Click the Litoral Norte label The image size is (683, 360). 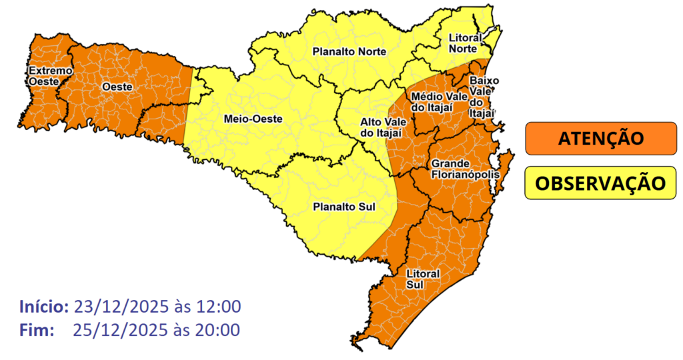point(466,43)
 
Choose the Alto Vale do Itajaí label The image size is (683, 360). point(380,127)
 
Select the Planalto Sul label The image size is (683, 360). point(344,207)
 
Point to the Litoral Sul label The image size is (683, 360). point(422,279)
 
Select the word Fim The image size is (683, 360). point(36,329)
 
